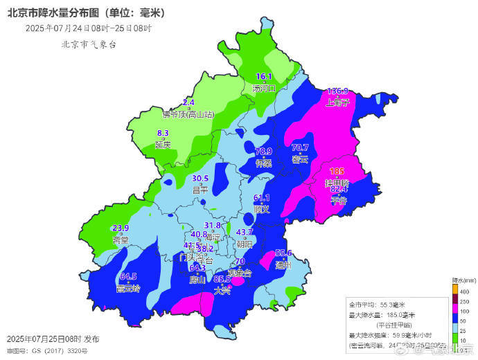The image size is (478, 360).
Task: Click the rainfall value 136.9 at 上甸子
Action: [x=337, y=91]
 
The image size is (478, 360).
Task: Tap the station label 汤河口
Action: [x=265, y=88]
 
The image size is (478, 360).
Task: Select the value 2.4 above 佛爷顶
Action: [x=188, y=102]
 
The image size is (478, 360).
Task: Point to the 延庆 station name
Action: [x=163, y=145]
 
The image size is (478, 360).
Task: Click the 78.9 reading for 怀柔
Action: [x=264, y=151]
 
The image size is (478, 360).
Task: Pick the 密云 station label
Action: [x=300, y=159]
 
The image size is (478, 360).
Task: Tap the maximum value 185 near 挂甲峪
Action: [x=337, y=171]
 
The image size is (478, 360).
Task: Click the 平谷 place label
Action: [x=338, y=200]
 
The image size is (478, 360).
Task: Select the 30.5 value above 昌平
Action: [x=200, y=178]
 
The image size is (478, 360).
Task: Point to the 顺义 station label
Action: [x=261, y=208]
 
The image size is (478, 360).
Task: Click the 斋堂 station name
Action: [x=121, y=240]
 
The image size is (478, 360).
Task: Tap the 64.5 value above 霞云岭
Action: [x=129, y=276]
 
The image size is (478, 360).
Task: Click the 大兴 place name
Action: [x=222, y=290]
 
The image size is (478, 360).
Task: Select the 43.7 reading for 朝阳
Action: [x=245, y=232]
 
